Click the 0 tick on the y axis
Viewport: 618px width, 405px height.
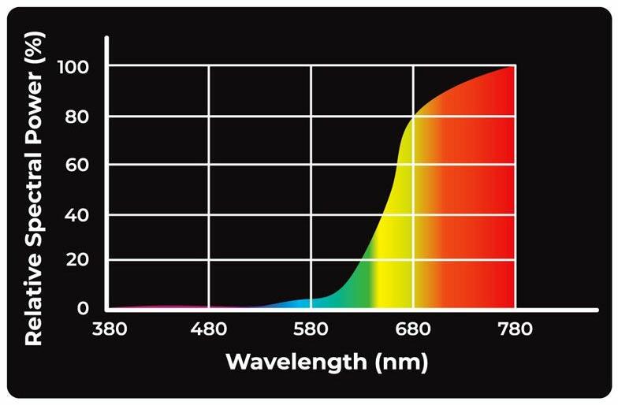83,308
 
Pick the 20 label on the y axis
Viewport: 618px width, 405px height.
77,260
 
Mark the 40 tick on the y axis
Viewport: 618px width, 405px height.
77,214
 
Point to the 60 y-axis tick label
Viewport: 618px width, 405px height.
77,165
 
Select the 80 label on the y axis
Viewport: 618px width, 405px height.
77,117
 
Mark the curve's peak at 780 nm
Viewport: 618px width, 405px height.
515,66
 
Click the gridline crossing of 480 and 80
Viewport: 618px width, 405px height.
209,117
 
